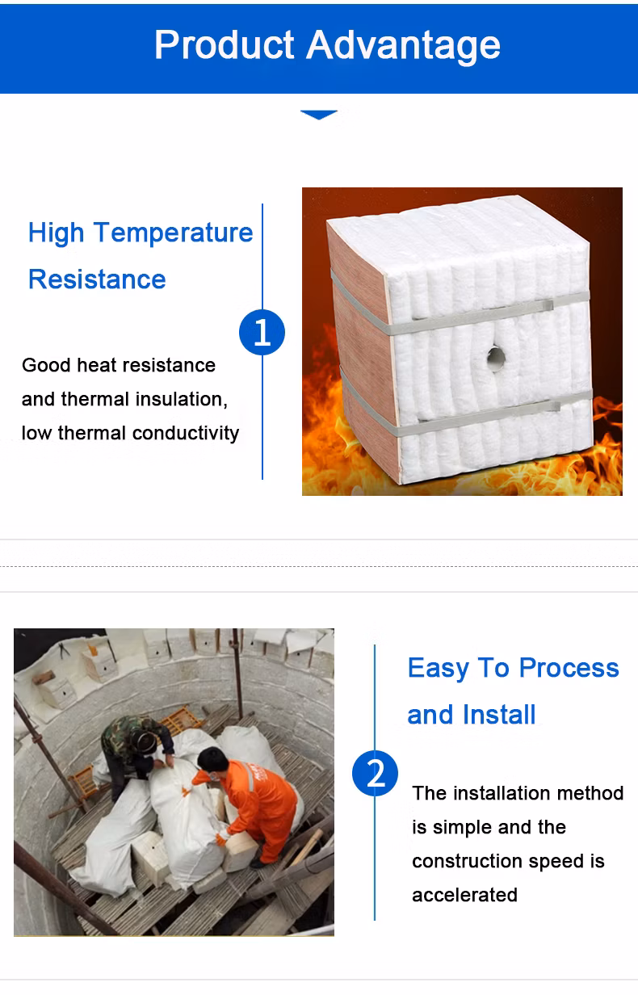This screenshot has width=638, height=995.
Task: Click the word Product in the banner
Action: tap(225, 44)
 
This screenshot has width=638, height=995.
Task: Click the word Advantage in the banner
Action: tap(404, 46)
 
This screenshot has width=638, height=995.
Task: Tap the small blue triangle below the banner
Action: tap(319, 115)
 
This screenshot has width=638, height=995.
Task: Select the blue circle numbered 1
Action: tap(262, 332)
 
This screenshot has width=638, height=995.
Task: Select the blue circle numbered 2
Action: tap(375, 774)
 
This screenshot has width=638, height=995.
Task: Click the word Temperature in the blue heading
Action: tap(174, 233)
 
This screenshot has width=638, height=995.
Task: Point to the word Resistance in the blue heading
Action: tap(97, 279)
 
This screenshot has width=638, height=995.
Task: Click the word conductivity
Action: tap(186, 433)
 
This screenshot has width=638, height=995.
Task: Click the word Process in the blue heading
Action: tap(569, 668)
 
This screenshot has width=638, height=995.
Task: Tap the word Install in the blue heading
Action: tap(499, 715)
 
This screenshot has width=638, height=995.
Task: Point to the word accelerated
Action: tap(464, 895)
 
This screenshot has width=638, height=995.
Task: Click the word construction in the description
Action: tap(467, 861)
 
